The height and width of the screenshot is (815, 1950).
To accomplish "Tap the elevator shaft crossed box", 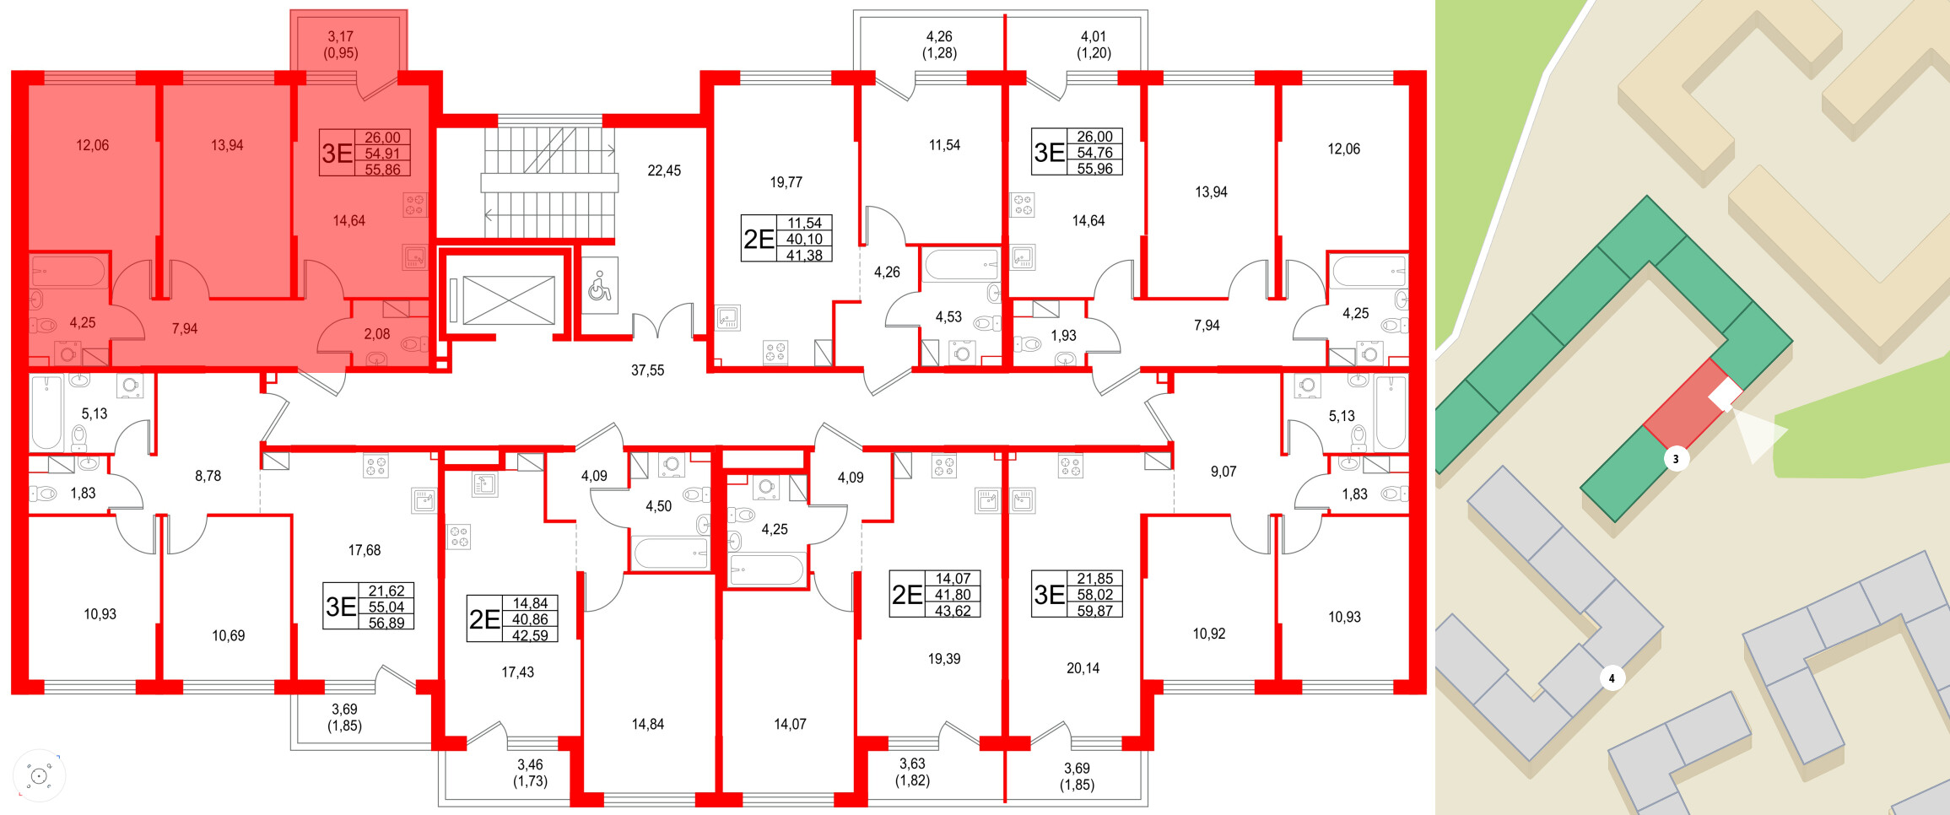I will [x=508, y=300].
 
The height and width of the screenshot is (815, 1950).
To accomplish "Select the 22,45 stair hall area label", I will [x=664, y=170].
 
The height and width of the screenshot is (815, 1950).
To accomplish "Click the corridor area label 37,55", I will [x=647, y=370].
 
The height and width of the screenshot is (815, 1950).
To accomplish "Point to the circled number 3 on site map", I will [x=1676, y=459].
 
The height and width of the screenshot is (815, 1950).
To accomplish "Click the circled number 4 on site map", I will [x=1612, y=678].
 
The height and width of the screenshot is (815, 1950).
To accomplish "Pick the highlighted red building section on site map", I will [x=1683, y=405].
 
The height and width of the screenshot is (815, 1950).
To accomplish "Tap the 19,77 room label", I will [x=786, y=182].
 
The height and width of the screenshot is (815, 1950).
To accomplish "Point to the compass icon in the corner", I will [x=39, y=775].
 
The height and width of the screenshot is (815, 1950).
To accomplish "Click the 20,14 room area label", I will [x=1083, y=668].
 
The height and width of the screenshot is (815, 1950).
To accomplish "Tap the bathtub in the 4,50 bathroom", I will [x=671, y=554].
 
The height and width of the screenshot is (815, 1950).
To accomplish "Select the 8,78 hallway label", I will [x=208, y=476].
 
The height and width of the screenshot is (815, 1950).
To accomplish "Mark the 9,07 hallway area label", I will [x=1223, y=472].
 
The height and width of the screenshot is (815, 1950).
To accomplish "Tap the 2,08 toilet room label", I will [x=376, y=334].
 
